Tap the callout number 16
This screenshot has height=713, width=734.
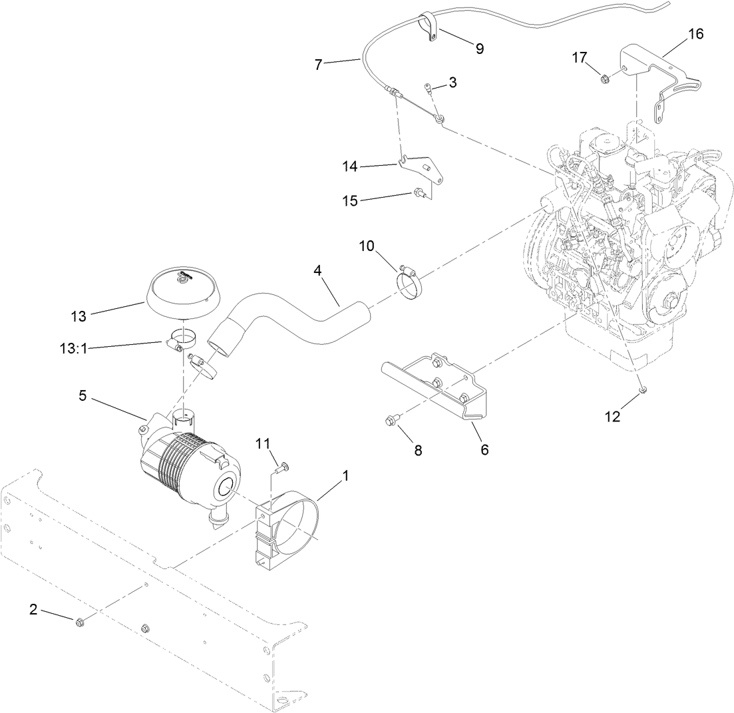(695, 33)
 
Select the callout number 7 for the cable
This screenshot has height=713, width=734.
(318, 65)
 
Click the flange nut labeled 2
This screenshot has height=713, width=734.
(79, 622)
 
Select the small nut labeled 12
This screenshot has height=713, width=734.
(643, 389)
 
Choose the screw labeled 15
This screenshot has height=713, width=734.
(419, 194)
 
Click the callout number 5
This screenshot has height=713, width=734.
(83, 395)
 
